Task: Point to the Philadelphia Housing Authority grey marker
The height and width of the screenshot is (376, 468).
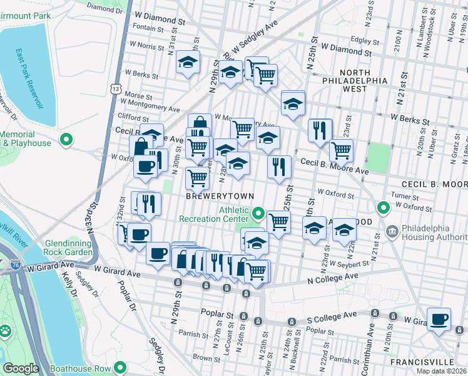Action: [x=392, y=231]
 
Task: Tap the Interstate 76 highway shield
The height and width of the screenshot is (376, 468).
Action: [x=13, y=266]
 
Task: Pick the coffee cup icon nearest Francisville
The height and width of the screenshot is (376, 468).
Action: [x=440, y=318]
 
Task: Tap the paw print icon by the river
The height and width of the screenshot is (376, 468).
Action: [x=5, y=329]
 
